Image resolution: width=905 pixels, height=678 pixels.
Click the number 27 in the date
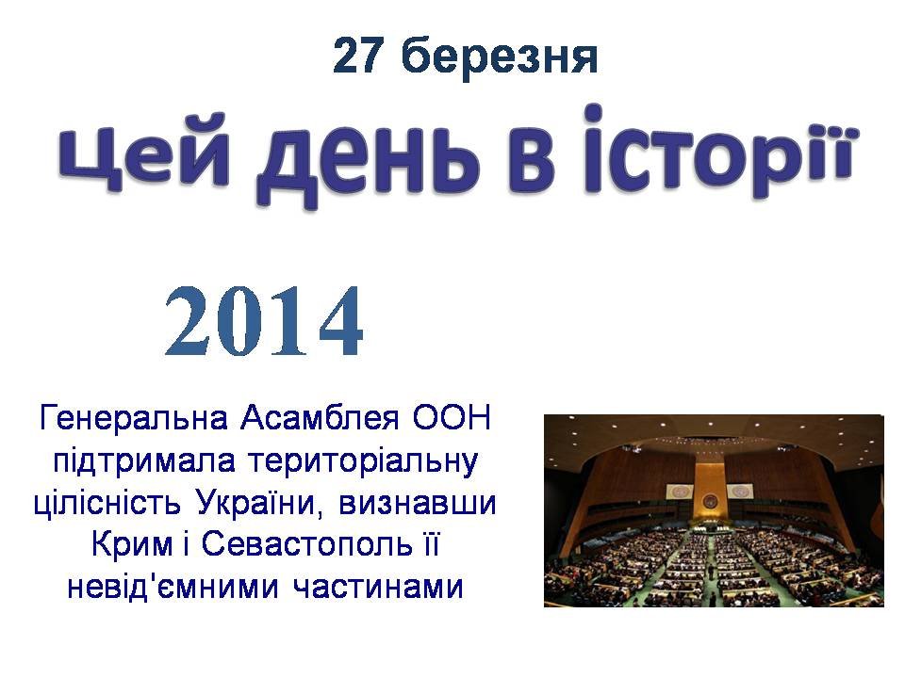pyautogui.click(x=358, y=56)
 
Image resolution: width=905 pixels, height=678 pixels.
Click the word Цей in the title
pyautogui.click(x=144, y=155)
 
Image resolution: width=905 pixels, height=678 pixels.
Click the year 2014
pyautogui.click(x=264, y=321)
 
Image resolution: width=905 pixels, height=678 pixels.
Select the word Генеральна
pyautogui.click(x=133, y=417)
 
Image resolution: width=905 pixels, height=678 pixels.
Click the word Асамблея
pyautogui.click(x=320, y=417)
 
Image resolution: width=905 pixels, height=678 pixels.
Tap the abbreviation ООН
pyautogui.click(x=451, y=417)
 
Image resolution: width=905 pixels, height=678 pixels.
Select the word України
pyautogui.click(x=257, y=502)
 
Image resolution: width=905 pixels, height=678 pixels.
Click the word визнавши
pyautogui.click(x=418, y=503)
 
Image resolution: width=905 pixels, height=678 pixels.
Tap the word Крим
pyautogui.click(x=132, y=545)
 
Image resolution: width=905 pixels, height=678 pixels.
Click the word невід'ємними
pyautogui.click(x=173, y=587)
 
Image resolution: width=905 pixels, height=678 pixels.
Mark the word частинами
pyautogui.click(x=378, y=588)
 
